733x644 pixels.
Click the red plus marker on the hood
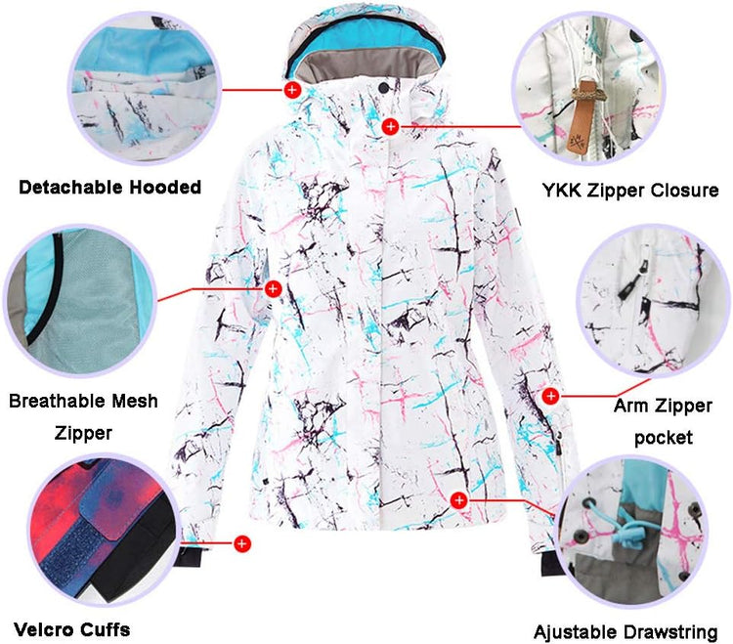pyautogui.click(x=292, y=89)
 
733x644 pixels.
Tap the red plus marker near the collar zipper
pyautogui.click(x=390, y=126)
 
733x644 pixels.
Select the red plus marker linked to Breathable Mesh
pyautogui.click(x=273, y=289)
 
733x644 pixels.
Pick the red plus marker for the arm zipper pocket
pyautogui.click(x=550, y=396)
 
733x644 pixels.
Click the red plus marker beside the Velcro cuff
pyautogui.click(x=241, y=543)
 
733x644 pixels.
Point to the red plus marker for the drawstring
pyautogui.click(x=459, y=500)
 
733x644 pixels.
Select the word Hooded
pyautogui.click(x=165, y=187)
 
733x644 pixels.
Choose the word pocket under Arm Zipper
pyautogui.click(x=664, y=438)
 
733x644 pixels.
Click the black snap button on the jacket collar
pyautogui.click(x=383, y=87)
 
